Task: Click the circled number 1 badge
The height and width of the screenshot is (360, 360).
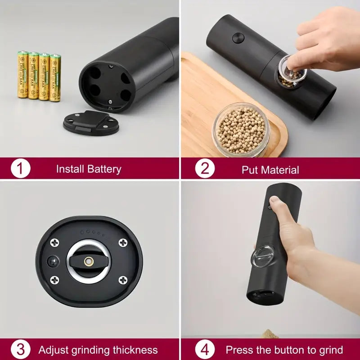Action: click(x=21, y=169)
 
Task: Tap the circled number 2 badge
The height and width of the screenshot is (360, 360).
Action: click(x=205, y=169)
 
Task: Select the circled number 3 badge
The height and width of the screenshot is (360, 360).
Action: click(x=21, y=350)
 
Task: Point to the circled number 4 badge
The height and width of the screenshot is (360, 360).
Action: click(x=205, y=350)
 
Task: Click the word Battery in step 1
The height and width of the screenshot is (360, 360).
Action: click(x=104, y=169)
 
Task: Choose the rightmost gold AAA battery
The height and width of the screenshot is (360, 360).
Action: click(x=55, y=77)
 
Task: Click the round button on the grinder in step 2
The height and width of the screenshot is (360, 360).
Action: click(x=238, y=38)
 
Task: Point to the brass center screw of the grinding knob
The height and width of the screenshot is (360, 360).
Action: click(x=89, y=261)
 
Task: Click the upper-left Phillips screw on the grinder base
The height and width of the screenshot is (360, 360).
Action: click(x=55, y=243)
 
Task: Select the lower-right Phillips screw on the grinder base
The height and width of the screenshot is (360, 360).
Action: click(x=122, y=280)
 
